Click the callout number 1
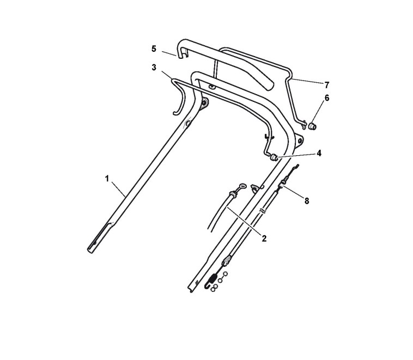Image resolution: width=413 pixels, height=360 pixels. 107,178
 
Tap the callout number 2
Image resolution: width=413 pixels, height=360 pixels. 264,238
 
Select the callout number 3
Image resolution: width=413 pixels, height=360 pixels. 154,67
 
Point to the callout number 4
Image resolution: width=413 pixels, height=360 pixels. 319,154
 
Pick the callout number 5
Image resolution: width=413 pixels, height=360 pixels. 154,48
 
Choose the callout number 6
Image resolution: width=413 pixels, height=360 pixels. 327,97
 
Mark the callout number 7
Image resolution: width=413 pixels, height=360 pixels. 327,84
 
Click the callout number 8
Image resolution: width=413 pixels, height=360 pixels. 307,200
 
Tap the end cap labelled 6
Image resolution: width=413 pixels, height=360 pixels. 313,126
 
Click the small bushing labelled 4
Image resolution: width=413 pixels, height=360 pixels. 274,157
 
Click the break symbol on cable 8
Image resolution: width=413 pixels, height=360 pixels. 263,209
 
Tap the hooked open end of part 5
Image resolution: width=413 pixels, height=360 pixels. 180,53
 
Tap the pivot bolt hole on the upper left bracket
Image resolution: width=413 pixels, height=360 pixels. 205,102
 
